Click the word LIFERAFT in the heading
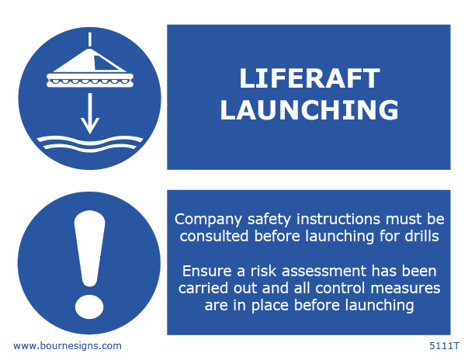coord(310,78)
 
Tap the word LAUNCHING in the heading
coord(310,109)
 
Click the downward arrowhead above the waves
coord(90,125)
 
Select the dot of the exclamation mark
coord(89,306)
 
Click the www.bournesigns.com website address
coord(68,346)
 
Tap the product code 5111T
coord(445,346)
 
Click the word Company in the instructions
coord(208,220)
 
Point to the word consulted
coord(214,236)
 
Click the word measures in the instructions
coord(405,289)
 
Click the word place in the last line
coord(270,306)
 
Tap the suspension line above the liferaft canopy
coord(90,40)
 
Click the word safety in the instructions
coord(269,220)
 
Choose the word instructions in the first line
coord(338,219)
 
